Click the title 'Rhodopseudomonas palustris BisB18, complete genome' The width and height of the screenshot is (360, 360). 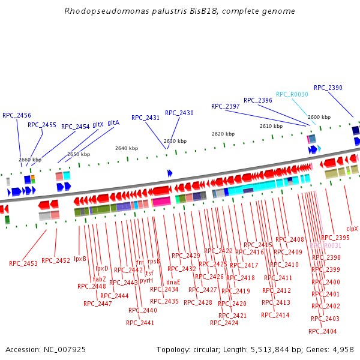coord(179,11)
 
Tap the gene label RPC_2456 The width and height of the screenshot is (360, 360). coord(17,115)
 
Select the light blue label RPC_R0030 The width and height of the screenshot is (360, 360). coord(292,94)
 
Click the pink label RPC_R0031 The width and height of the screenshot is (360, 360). coord(326,245)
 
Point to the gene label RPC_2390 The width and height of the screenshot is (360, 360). coord(328,88)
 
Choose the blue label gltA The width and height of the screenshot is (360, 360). coord(113,122)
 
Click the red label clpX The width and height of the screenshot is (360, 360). coord(352,229)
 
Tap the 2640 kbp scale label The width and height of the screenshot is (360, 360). coord(126,148)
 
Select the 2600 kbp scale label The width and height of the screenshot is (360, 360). coord(319,117)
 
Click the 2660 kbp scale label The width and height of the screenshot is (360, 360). coord(30,160)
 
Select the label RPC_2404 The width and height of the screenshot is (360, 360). coord(323,331)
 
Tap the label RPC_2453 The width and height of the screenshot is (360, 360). coord(23,263)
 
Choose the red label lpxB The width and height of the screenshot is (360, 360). coord(80,259)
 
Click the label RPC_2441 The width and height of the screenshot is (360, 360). coord(140,323)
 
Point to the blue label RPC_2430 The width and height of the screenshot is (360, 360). coord(179,113)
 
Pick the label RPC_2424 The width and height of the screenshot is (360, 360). coord(224,323)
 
